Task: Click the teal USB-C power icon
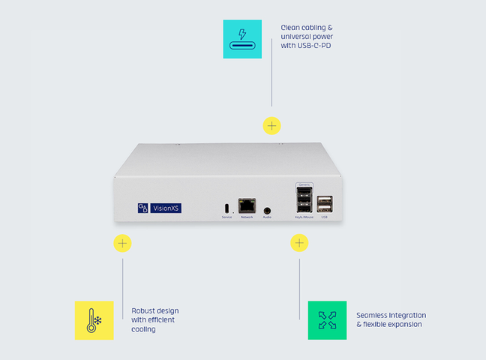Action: [242, 39]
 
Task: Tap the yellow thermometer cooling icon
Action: [94, 320]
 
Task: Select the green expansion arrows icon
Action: [327, 320]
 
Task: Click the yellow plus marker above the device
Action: [271, 125]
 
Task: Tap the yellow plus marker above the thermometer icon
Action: [122, 243]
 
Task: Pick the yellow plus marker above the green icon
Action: [299, 243]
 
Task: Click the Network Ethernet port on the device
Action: [247, 206]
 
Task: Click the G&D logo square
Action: [143, 208]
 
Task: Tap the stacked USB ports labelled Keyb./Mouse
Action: [304, 201]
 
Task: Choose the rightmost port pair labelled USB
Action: [324, 205]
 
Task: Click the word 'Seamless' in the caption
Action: [373, 315]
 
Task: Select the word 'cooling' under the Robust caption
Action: [143, 329]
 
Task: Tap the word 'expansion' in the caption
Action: [405, 324]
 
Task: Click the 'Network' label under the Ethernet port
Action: [247, 217]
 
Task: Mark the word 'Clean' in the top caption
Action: [291, 28]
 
